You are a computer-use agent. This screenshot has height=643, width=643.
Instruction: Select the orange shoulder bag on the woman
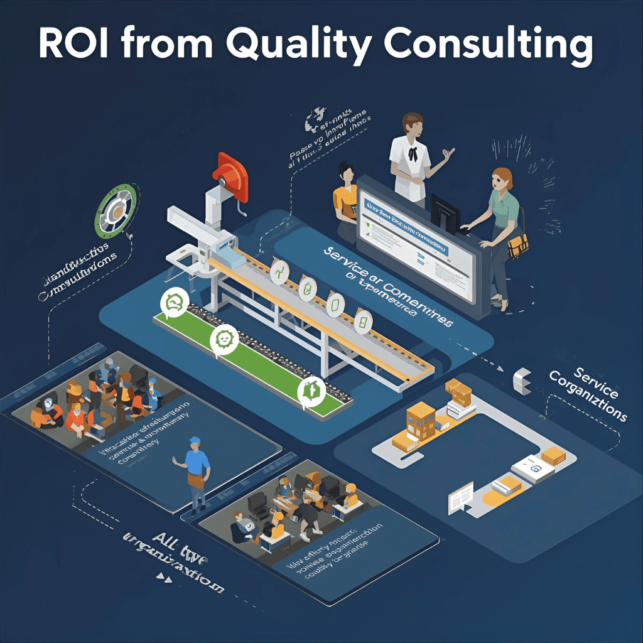click(x=517, y=244)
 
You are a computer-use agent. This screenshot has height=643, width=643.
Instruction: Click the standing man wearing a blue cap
click(x=197, y=471)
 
